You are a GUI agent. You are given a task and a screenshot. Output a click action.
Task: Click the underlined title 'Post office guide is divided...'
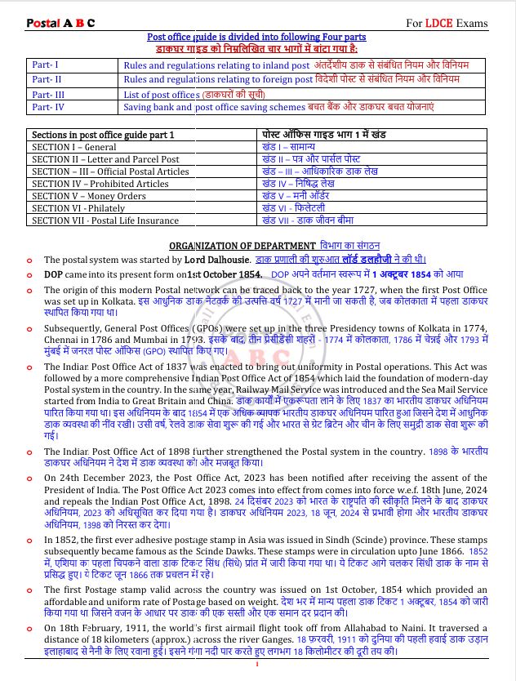(x=257, y=37)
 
